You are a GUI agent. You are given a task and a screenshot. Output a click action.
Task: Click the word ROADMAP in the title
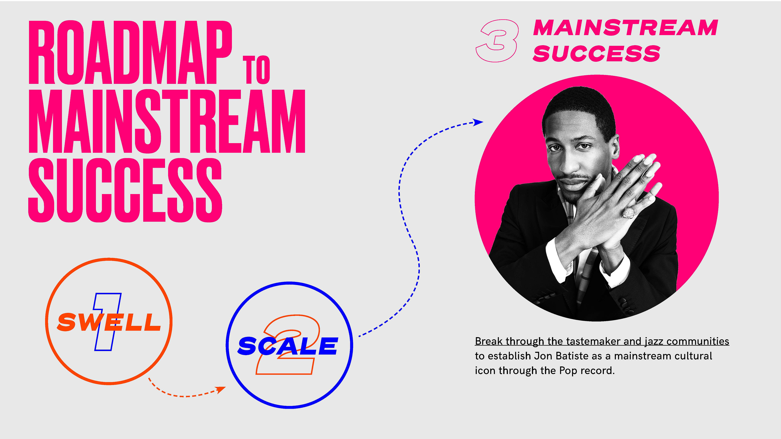pos(130,52)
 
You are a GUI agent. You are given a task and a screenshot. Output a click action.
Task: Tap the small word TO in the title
pos(256,70)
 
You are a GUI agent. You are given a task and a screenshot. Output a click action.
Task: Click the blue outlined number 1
pos(108,322)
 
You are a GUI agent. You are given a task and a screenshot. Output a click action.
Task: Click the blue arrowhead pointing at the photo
pos(478,122)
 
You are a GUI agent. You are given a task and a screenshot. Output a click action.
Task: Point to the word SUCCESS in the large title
pos(125,190)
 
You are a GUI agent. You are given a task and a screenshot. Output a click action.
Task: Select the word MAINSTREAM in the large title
pos(167,121)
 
